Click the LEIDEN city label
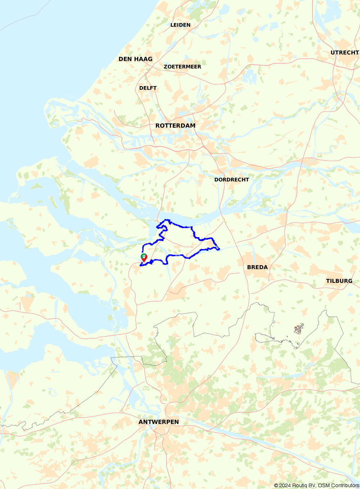coord(180,25)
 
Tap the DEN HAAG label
coord(135,59)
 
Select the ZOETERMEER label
coord(183,67)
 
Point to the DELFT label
coord(148,88)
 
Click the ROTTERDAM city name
coord(175,125)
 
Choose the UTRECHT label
coord(345,53)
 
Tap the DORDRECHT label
coord(231,179)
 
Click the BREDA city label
coord(257,267)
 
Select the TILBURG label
coord(339,281)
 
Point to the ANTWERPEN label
coord(158,422)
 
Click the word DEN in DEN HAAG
coord(125,59)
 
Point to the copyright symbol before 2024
coord(276,485)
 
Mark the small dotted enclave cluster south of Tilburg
coord(299,329)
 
